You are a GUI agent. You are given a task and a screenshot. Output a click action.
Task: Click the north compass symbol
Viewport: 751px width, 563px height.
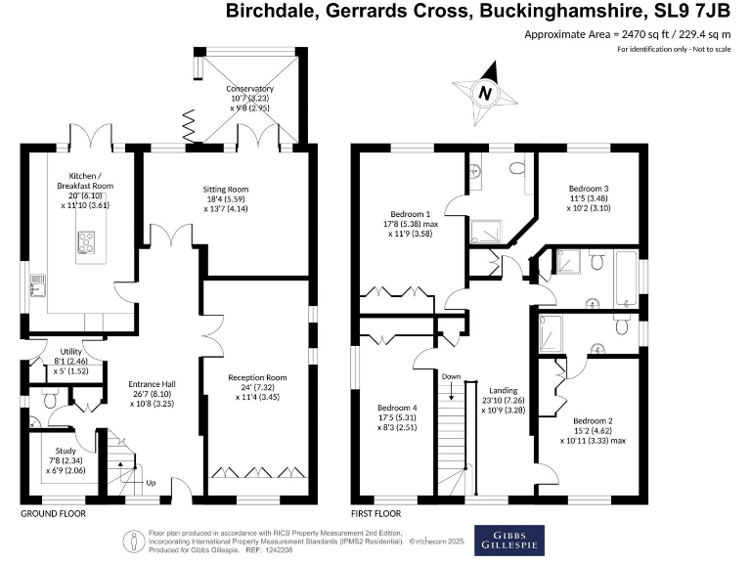pos(484,92)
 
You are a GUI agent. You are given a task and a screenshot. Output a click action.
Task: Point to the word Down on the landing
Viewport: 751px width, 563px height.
pos(451,376)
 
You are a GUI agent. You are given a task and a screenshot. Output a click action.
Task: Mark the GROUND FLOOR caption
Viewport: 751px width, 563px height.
pos(53,513)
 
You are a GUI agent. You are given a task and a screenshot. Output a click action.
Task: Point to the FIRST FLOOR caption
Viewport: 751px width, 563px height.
pos(376,513)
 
